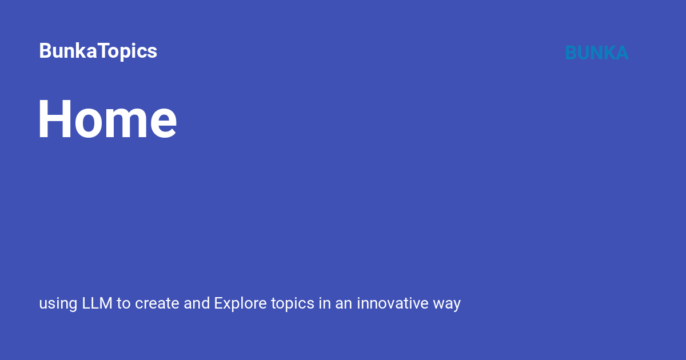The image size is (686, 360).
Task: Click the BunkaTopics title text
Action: click(98, 51)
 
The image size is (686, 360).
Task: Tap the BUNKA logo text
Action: click(597, 53)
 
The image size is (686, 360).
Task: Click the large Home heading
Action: click(107, 119)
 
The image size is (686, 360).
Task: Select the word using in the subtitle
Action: click(58, 304)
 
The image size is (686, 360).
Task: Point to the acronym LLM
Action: click(97, 303)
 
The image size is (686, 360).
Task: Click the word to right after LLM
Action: click(123, 303)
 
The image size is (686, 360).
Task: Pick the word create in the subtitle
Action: click(157, 303)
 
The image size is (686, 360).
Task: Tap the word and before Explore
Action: click(197, 303)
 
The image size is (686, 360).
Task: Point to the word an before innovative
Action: click(344, 304)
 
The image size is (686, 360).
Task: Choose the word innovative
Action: click(393, 303)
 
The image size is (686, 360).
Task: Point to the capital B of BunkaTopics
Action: click(45, 50)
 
